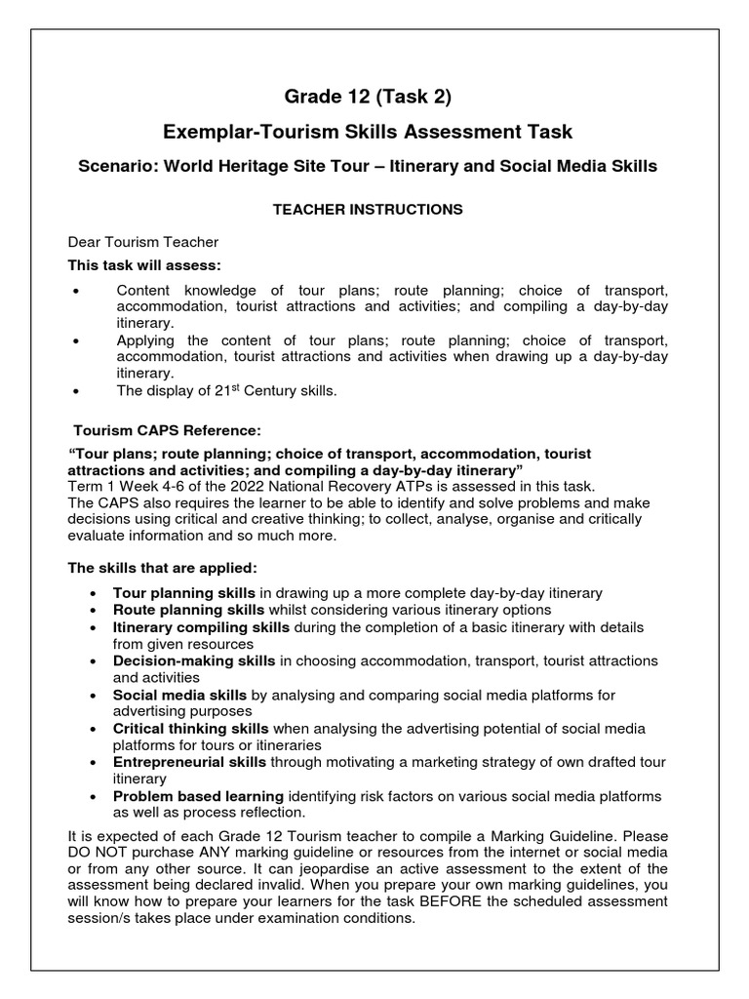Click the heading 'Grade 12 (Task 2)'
click(368, 97)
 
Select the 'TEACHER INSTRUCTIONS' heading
click(368, 209)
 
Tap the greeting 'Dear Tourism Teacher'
click(143, 242)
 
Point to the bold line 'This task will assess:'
click(143, 264)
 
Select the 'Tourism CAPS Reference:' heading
click(168, 430)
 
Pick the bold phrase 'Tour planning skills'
click(184, 592)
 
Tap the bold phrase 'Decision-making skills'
click(194, 660)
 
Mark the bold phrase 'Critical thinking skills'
click(191, 729)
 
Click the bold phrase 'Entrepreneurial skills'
click(189, 763)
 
